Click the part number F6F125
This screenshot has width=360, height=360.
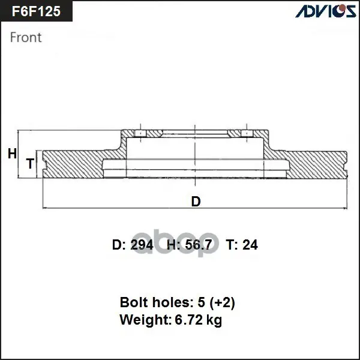(36, 11)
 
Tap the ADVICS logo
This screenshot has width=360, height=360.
(326, 11)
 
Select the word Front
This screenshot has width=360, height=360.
(26, 37)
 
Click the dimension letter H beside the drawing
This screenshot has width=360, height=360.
(12, 154)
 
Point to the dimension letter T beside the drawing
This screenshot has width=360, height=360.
(30, 163)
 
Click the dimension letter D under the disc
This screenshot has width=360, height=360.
(196, 202)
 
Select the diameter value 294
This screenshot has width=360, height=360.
(142, 245)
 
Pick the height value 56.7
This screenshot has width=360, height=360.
(198, 245)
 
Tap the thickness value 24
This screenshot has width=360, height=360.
(250, 245)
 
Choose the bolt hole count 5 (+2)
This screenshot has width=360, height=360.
(216, 302)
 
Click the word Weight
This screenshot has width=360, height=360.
(146, 320)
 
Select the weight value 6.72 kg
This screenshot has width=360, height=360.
(199, 320)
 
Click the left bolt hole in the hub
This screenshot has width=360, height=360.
(140, 134)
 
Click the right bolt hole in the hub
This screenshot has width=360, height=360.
(247, 134)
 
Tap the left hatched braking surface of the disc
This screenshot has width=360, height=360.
(73, 164)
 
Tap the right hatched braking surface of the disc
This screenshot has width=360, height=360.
(317, 164)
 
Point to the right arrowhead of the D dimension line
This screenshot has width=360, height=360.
(346, 208)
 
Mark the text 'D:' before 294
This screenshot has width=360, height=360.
(119, 245)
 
